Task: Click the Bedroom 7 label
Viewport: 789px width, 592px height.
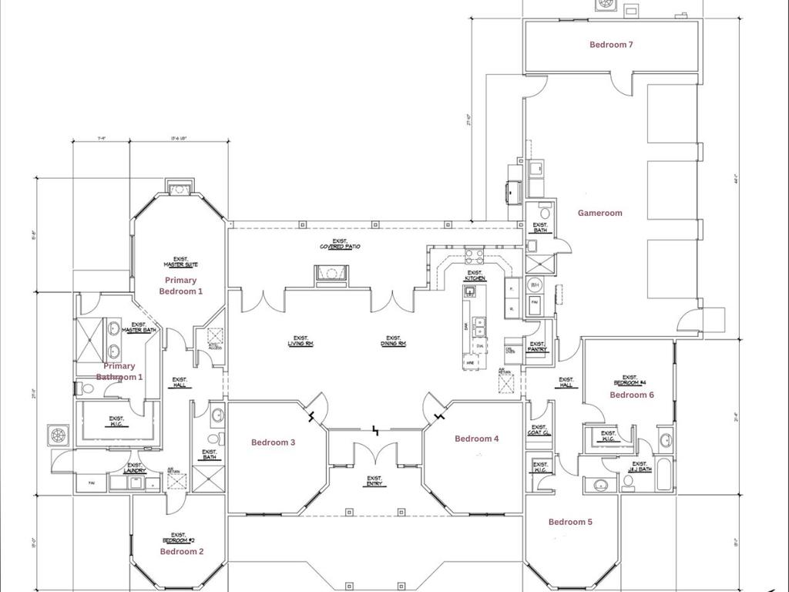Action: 611,45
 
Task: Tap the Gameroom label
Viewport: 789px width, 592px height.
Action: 599,213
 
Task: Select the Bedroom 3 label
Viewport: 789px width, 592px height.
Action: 273,442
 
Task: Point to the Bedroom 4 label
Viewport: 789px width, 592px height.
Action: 476,439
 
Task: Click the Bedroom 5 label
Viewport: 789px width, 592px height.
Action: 570,522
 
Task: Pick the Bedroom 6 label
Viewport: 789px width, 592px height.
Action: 632,395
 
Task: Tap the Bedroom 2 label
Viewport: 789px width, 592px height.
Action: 182,552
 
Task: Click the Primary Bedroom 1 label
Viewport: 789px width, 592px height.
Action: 180,286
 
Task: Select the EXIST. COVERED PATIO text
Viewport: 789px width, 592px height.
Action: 340,244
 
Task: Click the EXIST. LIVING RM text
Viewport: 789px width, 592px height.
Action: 300,341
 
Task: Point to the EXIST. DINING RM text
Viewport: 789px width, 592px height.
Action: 393,341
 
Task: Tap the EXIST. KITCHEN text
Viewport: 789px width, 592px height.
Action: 475,275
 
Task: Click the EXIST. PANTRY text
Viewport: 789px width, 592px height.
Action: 537,346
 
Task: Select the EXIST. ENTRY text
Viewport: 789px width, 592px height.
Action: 374,481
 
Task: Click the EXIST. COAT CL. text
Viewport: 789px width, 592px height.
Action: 539,430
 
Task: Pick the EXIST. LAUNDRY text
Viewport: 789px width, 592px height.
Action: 134,468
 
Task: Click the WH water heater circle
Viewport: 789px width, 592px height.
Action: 535,285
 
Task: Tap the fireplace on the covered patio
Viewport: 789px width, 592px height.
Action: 332,274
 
